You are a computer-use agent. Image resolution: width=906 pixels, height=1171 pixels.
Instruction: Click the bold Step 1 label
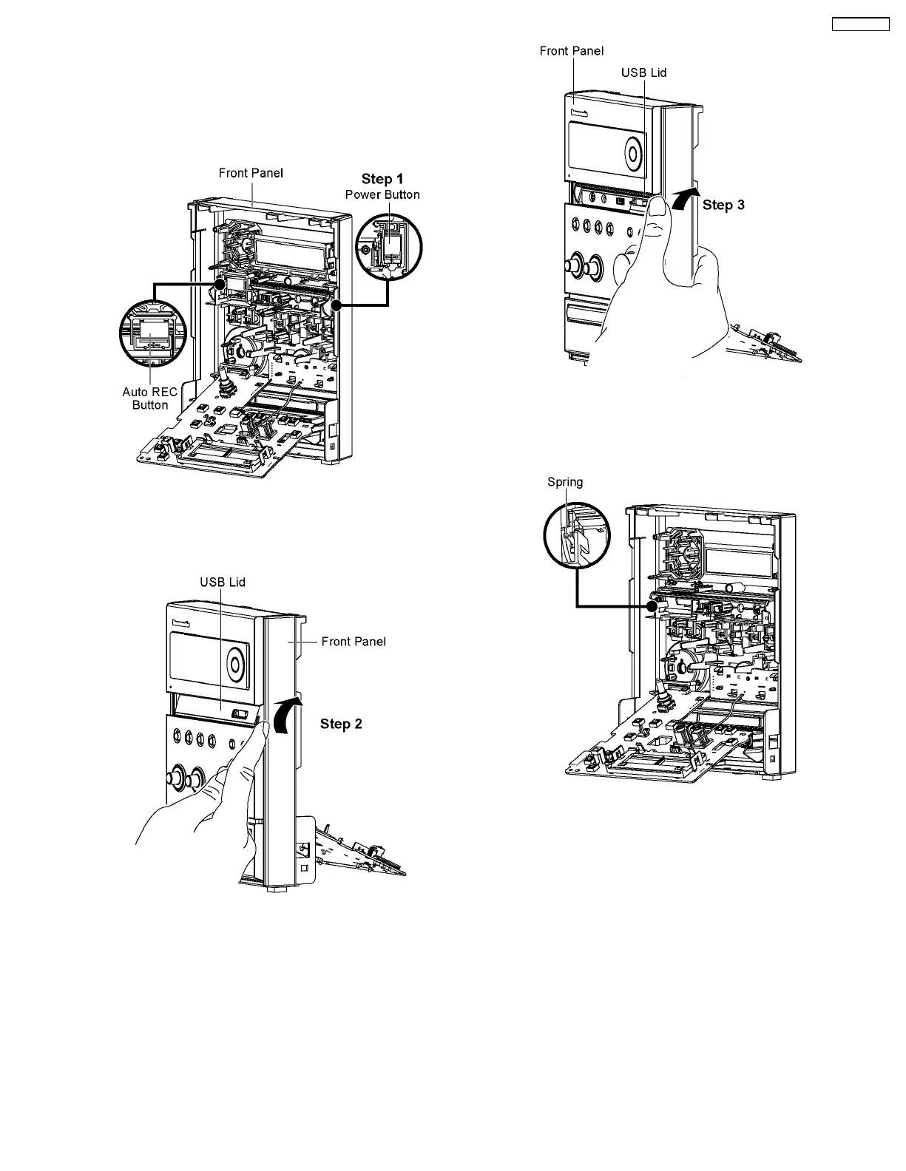point(382,179)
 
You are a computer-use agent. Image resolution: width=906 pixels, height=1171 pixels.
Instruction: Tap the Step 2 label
point(341,724)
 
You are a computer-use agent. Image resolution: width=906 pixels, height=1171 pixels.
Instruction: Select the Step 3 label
point(723,205)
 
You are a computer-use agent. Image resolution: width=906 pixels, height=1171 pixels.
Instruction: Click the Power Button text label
point(382,194)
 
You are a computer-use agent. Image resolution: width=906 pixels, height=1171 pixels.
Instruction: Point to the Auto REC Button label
point(149,398)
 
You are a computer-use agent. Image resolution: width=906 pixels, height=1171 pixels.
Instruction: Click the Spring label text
point(565,482)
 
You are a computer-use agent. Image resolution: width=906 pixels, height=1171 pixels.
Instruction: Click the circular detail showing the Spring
point(576,537)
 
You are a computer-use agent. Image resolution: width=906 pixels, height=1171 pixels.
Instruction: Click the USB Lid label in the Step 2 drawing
point(223,582)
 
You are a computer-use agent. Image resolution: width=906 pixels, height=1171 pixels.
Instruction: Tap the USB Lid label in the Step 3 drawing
point(644,72)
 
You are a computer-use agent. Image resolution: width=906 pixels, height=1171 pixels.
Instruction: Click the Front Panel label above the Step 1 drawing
point(251,173)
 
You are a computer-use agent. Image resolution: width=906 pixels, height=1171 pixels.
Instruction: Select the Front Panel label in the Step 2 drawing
point(354,641)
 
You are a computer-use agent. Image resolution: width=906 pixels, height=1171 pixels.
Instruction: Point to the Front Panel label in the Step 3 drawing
point(572,50)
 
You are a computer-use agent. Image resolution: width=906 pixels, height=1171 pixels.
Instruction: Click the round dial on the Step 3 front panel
point(634,153)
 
